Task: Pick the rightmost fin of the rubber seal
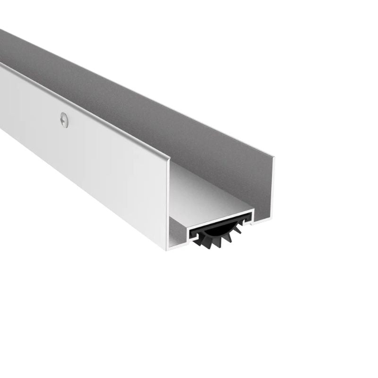click(241, 231)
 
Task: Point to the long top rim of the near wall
click(85, 102)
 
